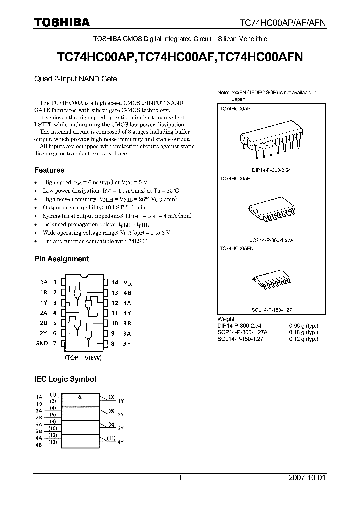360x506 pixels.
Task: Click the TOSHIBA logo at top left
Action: pos(62,23)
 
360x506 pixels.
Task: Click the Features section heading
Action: pos(49,170)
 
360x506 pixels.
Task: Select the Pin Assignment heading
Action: pos(61,259)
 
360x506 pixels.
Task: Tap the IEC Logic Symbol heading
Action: pos(65,379)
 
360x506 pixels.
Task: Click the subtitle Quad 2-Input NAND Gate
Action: pos(75,79)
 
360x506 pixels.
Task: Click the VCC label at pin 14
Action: pos(129,282)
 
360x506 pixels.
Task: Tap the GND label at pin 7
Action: pos(42,343)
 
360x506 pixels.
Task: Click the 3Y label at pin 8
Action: pos(127,343)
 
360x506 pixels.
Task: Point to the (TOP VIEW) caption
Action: pos(83,358)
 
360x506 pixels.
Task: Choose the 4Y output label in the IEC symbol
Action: pos(120,442)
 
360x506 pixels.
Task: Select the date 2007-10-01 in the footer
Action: pos(317,478)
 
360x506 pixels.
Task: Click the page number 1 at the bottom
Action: pos(180,478)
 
